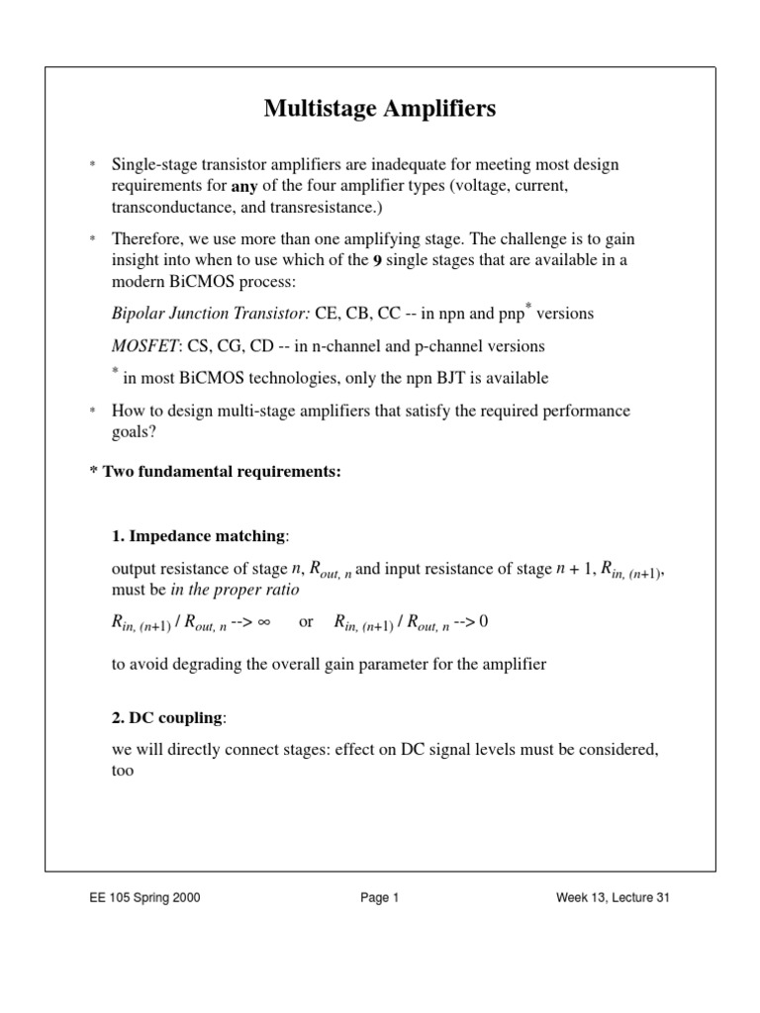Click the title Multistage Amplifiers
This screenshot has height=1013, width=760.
coord(380,109)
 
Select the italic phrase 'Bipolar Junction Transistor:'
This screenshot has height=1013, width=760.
coord(211,314)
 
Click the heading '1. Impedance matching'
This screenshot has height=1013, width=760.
coord(198,536)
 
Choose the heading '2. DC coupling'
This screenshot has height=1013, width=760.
coord(168,717)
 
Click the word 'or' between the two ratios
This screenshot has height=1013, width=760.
coord(306,621)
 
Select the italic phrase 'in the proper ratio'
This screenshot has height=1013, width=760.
coord(235,590)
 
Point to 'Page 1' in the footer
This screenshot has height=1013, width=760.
coord(379,898)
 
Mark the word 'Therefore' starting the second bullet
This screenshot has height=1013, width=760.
coord(145,239)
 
